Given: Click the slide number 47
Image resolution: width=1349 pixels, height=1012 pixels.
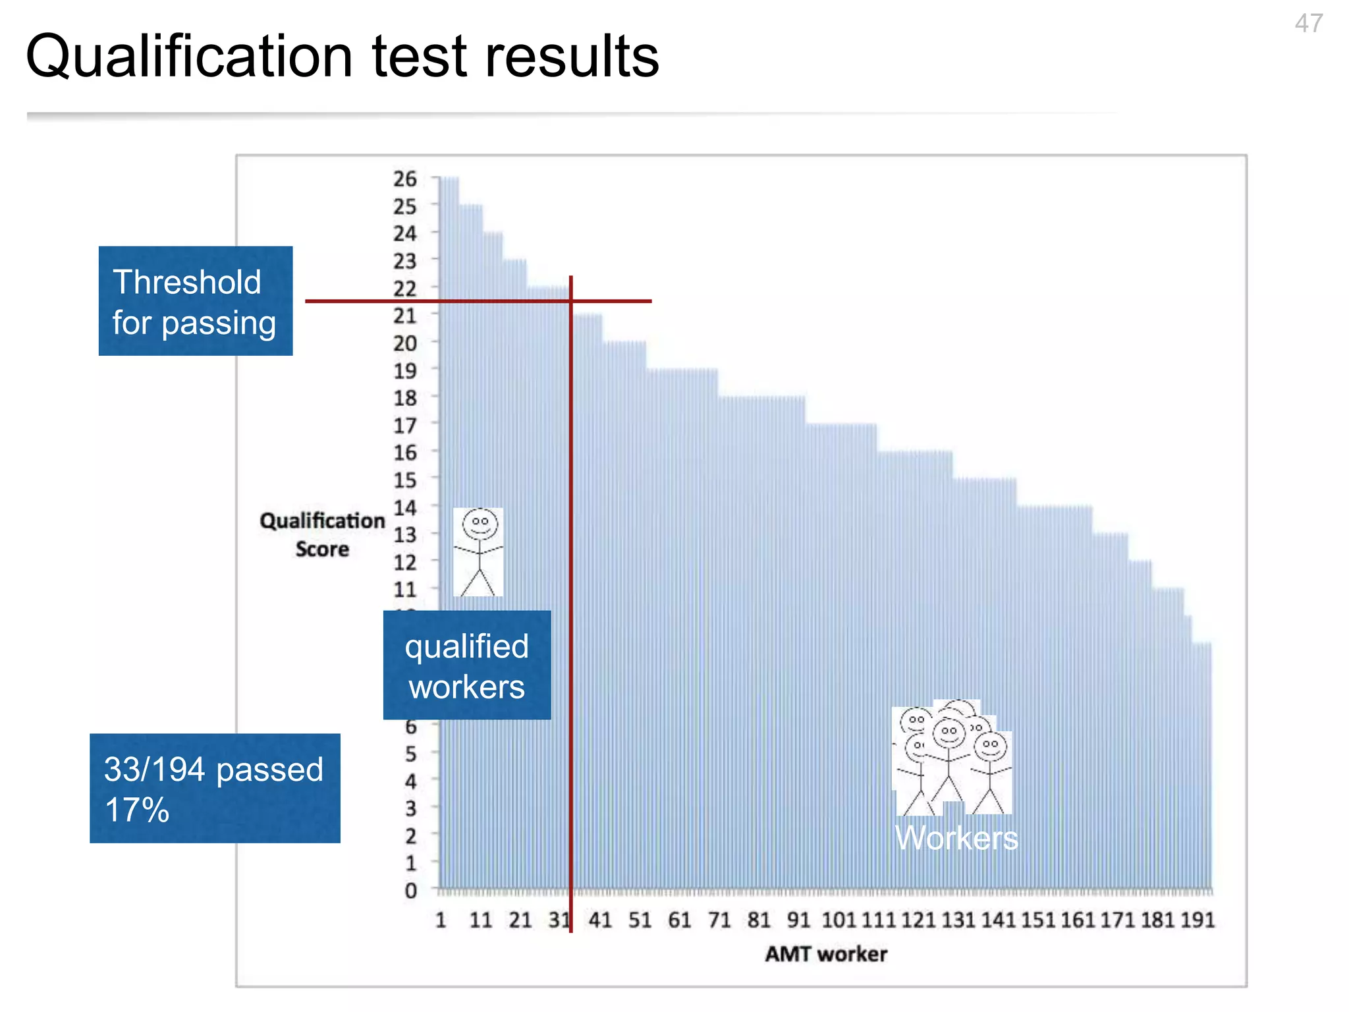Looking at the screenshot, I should click(x=1308, y=24).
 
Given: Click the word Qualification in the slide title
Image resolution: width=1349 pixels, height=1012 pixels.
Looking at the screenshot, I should click(x=189, y=57).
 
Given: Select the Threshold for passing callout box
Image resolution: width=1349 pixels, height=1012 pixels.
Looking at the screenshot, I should click(x=196, y=301).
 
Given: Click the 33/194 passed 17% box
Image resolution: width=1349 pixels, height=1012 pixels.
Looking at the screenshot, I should click(x=215, y=788).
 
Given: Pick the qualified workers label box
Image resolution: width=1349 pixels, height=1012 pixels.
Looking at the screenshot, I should click(x=467, y=665).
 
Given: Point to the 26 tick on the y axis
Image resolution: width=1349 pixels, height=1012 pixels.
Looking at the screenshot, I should click(x=405, y=179).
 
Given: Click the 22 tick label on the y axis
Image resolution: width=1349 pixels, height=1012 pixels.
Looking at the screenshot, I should click(x=405, y=289).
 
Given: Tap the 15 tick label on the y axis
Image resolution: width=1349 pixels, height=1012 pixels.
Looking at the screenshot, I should click(x=405, y=480).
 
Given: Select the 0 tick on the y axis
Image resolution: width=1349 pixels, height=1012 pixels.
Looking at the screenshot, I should click(x=410, y=891).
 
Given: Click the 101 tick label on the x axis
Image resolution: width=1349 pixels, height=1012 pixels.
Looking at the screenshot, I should click(x=839, y=920).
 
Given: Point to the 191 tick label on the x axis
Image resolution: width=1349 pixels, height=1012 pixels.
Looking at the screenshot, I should click(x=1198, y=920).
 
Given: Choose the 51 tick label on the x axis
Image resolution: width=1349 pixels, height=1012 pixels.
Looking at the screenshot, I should click(x=639, y=920).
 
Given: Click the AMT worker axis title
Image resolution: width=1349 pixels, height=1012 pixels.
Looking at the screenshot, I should click(x=826, y=954).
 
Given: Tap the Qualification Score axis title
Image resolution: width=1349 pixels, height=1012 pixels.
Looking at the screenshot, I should click(x=322, y=534).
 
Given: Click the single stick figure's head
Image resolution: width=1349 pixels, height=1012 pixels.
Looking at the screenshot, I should click(x=480, y=524).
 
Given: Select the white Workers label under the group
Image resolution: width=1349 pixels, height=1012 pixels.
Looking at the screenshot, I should click(x=956, y=838).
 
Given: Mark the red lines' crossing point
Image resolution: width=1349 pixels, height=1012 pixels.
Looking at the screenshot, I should click(x=571, y=301).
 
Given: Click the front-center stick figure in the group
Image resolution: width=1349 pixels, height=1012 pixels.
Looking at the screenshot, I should click(x=949, y=758).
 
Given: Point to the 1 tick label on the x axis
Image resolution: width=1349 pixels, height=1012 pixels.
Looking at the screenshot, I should click(x=441, y=920).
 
